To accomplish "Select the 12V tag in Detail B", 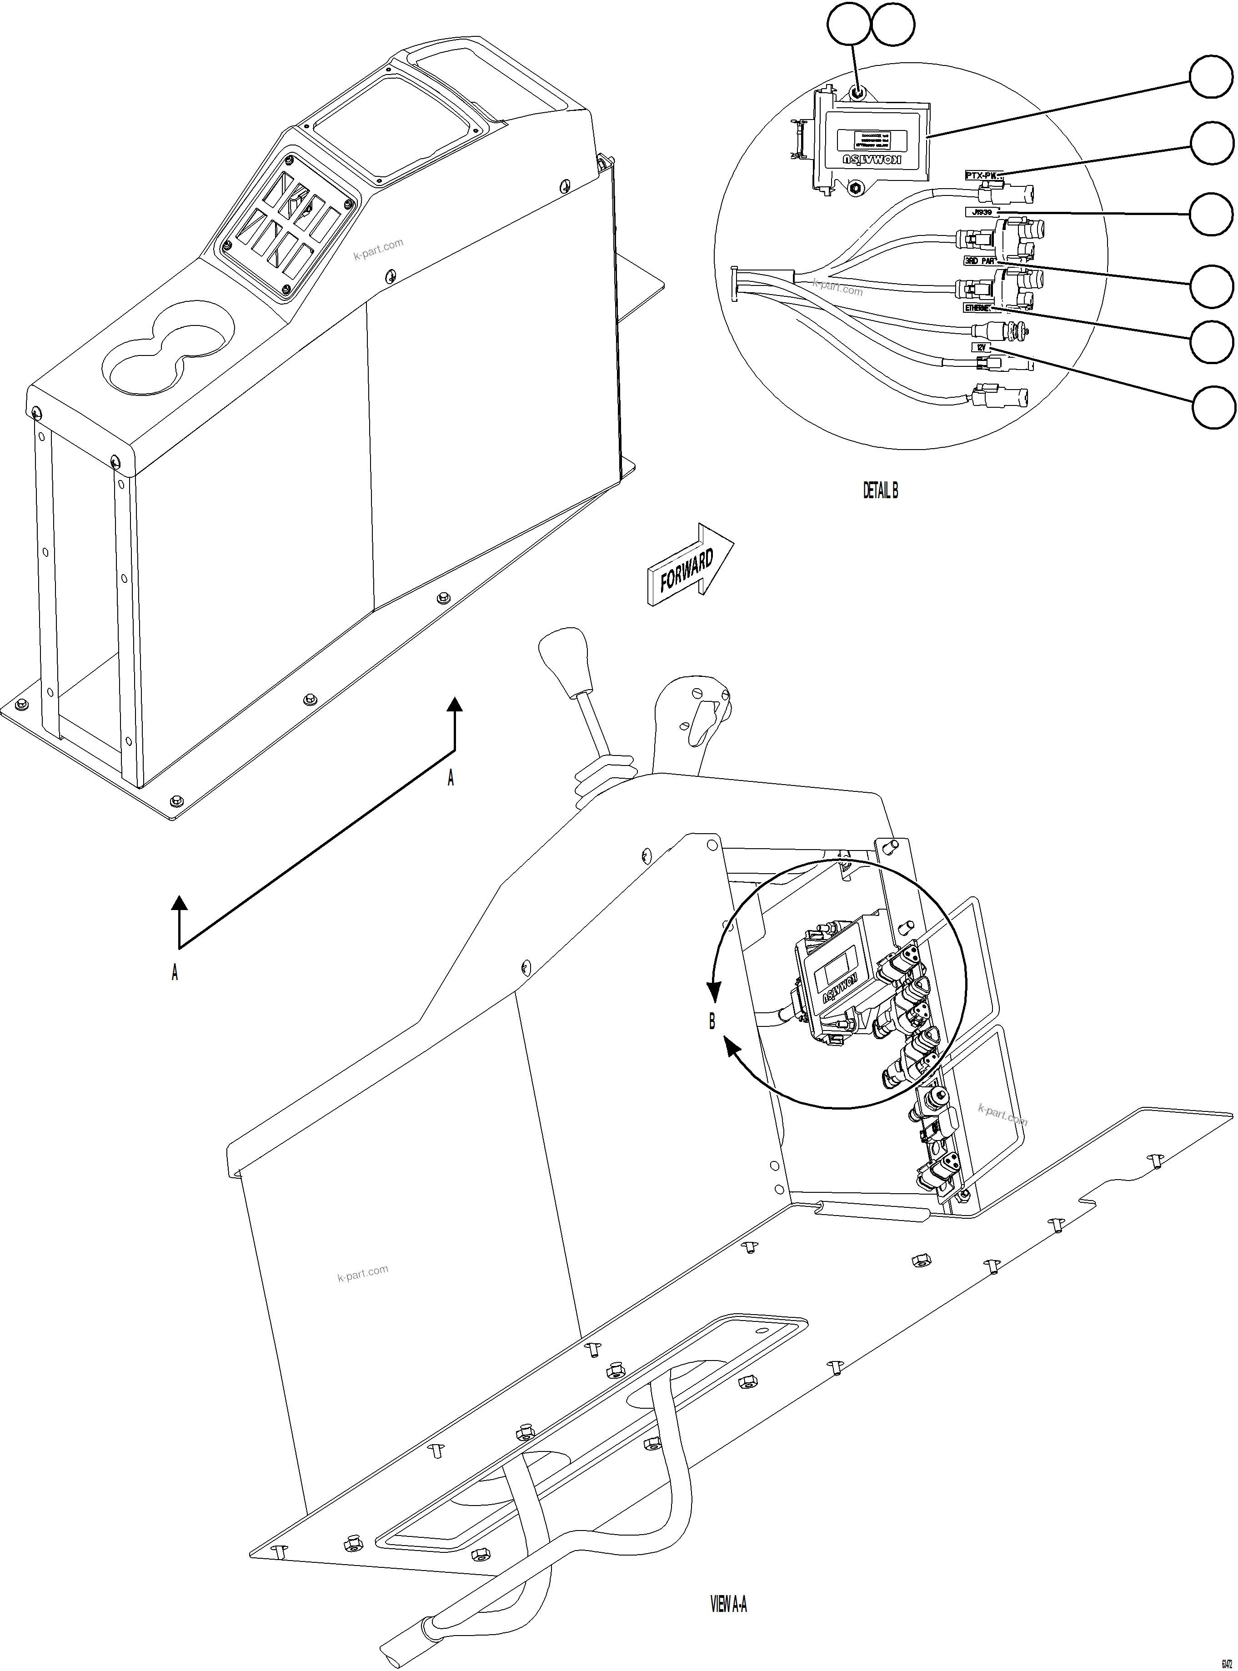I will [x=982, y=348].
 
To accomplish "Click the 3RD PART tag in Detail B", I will [x=979, y=261].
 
